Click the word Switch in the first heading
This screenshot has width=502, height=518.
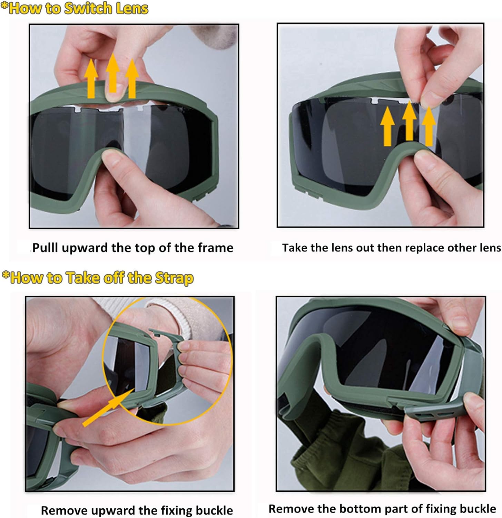(x=88, y=8)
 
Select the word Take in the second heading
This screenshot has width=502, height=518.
(x=82, y=278)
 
